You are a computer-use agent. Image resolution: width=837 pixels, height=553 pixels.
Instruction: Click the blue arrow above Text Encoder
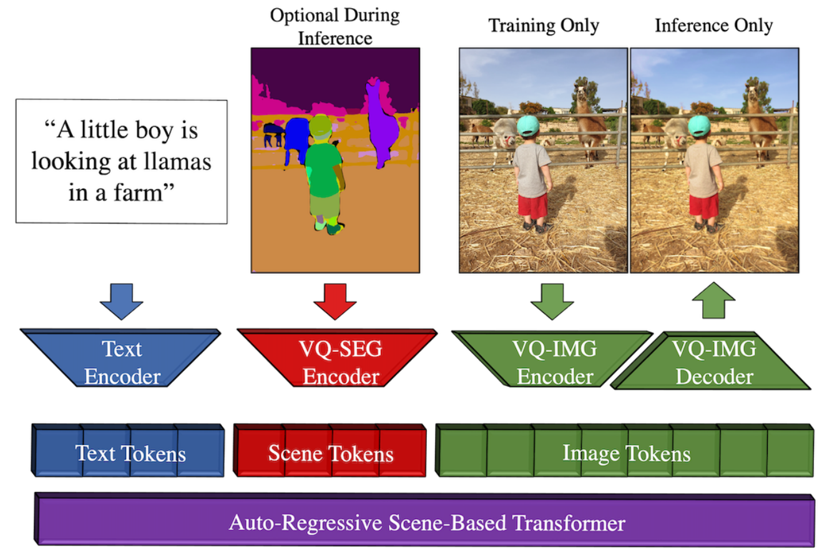point(122,301)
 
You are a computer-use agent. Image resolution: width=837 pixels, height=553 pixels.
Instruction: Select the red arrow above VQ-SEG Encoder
point(335,301)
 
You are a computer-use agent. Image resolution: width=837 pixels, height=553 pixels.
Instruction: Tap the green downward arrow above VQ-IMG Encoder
point(552,301)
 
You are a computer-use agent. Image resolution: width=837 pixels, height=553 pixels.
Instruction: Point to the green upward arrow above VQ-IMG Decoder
point(713,301)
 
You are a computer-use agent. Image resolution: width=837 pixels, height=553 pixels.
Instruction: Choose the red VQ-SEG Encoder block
point(338,357)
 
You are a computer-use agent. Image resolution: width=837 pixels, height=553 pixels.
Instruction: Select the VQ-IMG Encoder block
point(552,359)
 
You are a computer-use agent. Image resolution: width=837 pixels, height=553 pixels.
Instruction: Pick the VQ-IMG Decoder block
point(712,361)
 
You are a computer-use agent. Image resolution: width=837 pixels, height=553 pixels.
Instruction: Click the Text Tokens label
point(130,454)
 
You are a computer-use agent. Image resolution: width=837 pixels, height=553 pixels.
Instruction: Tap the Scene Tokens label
point(331,454)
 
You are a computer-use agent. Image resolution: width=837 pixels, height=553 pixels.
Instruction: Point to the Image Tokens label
point(626,454)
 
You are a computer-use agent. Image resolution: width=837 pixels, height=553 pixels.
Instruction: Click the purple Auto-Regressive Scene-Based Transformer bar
point(424,520)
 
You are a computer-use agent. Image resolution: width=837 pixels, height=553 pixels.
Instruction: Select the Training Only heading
point(544,26)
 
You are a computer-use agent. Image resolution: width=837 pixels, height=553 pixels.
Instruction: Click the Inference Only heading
point(713,26)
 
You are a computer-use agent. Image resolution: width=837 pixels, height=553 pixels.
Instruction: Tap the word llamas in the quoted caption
point(177,162)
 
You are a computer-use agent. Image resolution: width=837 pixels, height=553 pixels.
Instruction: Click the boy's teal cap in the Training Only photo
point(528,126)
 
